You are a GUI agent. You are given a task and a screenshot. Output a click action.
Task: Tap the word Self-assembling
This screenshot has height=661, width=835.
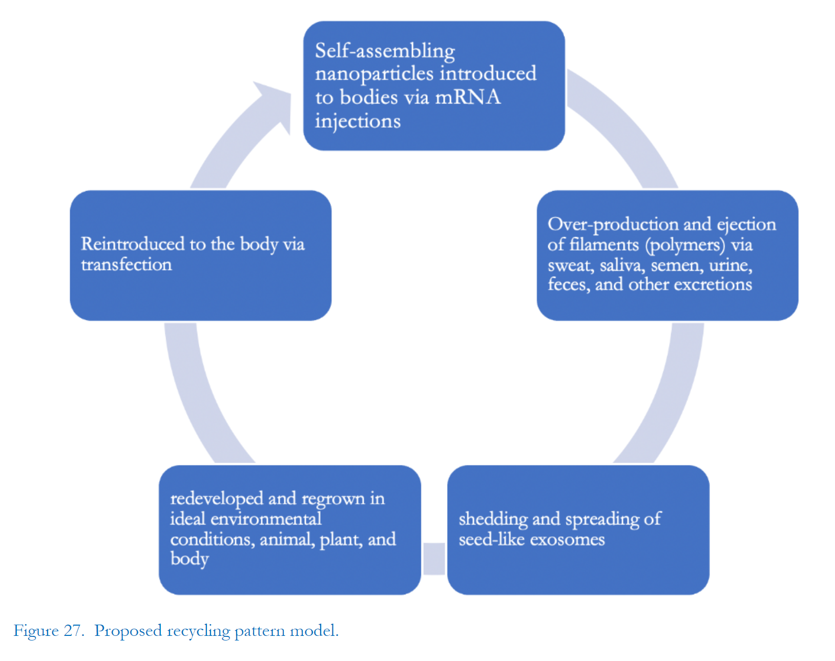tap(385, 51)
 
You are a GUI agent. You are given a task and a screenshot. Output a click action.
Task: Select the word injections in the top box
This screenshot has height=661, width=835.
tap(358, 121)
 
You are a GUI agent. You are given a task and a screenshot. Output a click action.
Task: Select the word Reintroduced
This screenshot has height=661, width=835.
tap(133, 244)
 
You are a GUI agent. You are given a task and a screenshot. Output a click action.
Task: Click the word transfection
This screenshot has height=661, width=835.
tap(127, 265)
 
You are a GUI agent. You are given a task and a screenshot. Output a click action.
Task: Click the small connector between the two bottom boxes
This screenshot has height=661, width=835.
tap(434, 559)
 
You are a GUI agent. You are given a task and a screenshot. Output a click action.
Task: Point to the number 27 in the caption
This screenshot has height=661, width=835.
tap(73, 630)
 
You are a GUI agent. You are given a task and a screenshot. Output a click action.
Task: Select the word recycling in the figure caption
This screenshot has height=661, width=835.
tap(198, 631)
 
